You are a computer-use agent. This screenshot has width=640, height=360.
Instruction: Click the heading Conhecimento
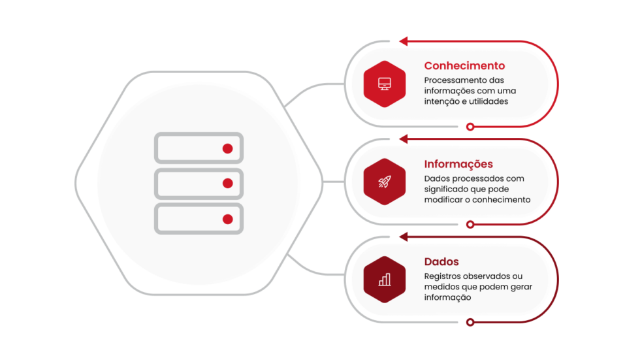(464, 66)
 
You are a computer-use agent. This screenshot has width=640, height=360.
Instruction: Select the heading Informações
(458, 164)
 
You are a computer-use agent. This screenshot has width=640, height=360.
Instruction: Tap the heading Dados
(441, 262)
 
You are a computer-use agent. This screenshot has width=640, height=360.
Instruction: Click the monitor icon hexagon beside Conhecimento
(385, 84)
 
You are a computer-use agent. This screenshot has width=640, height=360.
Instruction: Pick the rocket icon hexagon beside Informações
(385, 182)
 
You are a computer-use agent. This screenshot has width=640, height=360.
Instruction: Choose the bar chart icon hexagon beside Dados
(385, 280)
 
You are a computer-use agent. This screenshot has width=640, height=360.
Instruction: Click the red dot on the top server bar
(227, 148)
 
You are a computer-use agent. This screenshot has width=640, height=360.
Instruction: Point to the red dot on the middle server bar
(227, 184)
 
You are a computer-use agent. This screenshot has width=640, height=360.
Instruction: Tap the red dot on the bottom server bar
(227, 219)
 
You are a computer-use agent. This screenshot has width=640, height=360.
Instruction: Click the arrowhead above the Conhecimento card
(403, 41)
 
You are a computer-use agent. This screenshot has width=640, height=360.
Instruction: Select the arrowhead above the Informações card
(403, 139)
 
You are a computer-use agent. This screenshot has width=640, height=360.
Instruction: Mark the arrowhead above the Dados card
(403, 237)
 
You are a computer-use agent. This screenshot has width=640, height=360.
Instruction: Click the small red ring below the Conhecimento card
(470, 126)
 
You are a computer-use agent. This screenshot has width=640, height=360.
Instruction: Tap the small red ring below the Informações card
(470, 224)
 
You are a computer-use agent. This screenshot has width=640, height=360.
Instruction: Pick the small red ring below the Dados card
(470, 322)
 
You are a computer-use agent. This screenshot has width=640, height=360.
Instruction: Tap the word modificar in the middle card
(445, 200)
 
